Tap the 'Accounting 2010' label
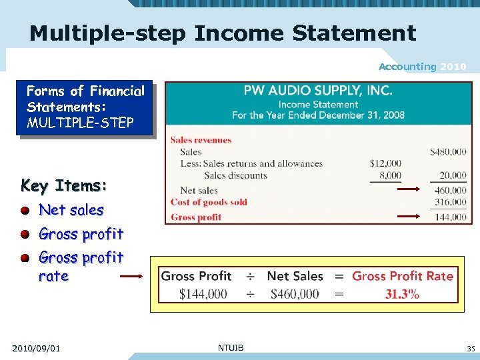click(423, 67)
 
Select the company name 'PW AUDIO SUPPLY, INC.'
click(317, 90)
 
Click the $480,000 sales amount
click(448, 152)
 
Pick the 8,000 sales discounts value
click(389, 175)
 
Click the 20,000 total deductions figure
click(453, 175)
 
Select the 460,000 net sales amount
click(450, 191)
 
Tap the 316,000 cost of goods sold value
click(450, 202)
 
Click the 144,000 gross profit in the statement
click(450, 217)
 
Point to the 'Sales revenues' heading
click(201, 140)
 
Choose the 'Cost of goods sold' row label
click(209, 202)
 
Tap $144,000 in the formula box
click(203, 294)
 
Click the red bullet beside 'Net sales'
click(25, 211)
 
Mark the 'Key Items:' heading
click(64, 185)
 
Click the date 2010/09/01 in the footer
click(36, 348)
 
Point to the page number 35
click(471, 348)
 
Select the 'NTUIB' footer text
click(231, 347)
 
